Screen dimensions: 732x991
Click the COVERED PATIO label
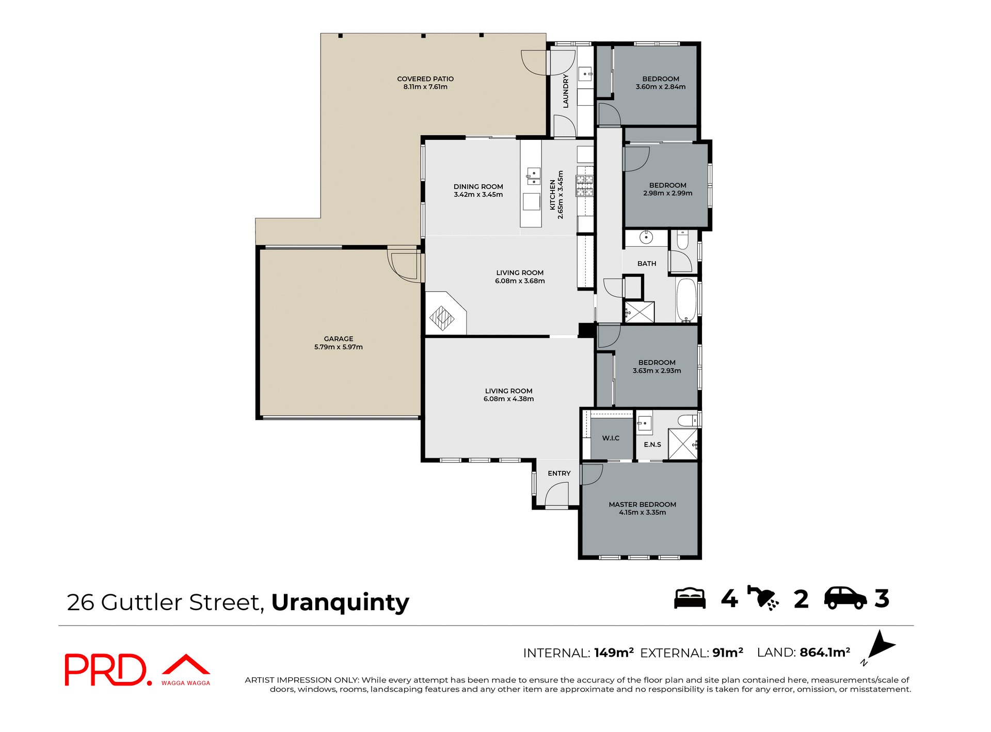click(x=425, y=79)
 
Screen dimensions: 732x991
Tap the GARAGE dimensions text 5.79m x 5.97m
click(x=338, y=347)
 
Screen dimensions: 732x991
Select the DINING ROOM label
click(x=478, y=186)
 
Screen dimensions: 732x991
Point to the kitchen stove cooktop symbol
click(x=585, y=185)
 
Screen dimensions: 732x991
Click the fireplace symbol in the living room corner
click(x=442, y=318)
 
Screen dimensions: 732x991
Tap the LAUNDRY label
click(x=565, y=91)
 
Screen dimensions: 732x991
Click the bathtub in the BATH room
click(x=686, y=299)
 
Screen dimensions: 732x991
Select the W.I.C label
click(x=611, y=438)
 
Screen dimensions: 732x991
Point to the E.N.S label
click(x=652, y=444)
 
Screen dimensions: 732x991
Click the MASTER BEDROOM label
click(x=642, y=504)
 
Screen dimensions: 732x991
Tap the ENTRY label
click(x=559, y=473)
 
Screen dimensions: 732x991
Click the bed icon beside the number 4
click(x=690, y=598)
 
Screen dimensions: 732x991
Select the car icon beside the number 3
click(x=845, y=598)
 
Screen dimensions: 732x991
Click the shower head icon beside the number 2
click(x=763, y=598)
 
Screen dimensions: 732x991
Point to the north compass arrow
click(x=882, y=645)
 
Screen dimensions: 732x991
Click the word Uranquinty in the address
click(x=340, y=602)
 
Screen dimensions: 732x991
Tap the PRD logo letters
click(x=106, y=670)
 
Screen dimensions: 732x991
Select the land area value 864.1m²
click(x=824, y=653)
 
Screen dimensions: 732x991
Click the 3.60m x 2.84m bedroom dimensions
click(x=660, y=87)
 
